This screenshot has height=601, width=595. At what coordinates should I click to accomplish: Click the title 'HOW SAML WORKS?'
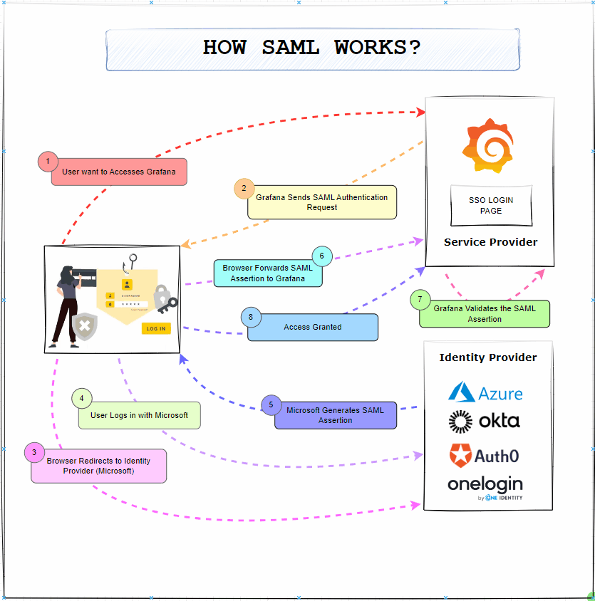click(312, 48)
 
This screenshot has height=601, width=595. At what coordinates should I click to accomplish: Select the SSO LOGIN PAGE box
click(490, 205)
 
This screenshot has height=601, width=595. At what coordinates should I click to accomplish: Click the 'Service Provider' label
click(490, 242)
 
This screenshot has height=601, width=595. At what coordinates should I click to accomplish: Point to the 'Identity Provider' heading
click(488, 357)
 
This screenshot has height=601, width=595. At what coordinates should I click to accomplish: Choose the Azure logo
click(485, 392)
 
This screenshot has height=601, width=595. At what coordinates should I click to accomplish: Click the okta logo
click(485, 422)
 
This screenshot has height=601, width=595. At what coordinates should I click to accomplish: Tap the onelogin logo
click(485, 486)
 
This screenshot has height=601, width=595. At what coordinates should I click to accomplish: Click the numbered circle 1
click(48, 162)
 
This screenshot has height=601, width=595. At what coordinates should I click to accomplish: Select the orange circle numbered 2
click(244, 189)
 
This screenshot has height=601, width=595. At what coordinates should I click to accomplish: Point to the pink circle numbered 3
click(34, 452)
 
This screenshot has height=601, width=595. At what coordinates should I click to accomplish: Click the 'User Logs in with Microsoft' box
click(140, 415)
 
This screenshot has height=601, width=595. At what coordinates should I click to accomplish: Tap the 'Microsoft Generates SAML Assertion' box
click(336, 415)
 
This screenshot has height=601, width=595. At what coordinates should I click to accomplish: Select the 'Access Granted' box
click(313, 328)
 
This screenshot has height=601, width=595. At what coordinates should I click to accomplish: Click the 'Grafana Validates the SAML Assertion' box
click(485, 314)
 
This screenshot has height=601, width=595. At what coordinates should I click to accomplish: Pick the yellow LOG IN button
click(156, 328)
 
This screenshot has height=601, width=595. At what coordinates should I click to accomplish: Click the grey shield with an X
click(85, 327)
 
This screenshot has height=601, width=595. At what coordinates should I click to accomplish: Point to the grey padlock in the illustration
click(162, 294)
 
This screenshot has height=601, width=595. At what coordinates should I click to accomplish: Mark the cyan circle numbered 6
click(322, 256)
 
